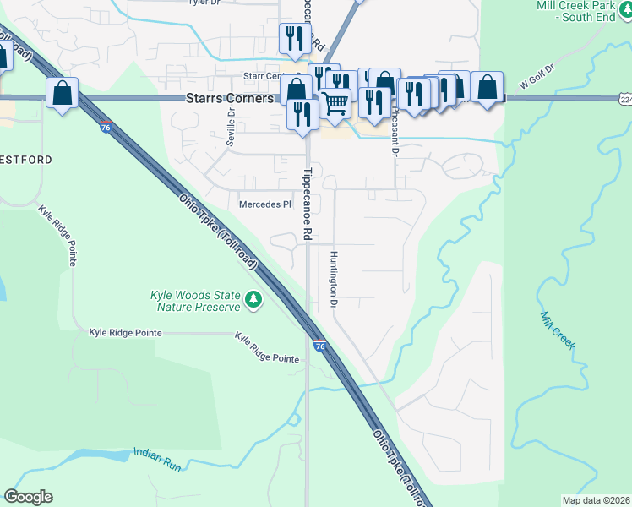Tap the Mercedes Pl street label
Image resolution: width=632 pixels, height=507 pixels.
point(265,204)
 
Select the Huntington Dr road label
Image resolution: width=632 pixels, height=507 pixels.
point(335,279)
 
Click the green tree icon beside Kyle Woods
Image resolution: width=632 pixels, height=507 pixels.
point(253,300)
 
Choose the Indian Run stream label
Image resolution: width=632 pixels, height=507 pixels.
point(157,454)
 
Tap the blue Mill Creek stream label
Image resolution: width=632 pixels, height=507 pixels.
point(558,329)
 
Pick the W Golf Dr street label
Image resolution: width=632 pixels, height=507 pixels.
point(537,80)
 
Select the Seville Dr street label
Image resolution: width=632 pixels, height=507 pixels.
point(230,124)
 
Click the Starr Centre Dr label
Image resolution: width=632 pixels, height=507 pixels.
point(269,76)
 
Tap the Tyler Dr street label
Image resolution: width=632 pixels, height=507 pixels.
point(203,3)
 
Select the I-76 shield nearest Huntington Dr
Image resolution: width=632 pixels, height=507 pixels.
point(319,346)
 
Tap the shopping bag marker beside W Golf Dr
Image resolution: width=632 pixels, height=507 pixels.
point(488,86)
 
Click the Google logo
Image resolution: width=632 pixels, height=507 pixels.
point(28,497)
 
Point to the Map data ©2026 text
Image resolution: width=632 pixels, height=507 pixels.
point(595,500)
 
